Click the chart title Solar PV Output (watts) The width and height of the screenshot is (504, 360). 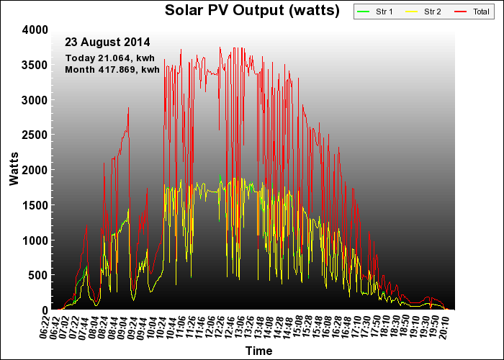tap(252, 10)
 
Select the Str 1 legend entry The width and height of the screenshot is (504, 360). tap(375, 12)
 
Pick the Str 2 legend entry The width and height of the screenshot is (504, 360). tap(423, 12)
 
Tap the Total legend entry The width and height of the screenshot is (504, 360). tap(472, 12)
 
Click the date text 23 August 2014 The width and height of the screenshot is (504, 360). tap(107, 42)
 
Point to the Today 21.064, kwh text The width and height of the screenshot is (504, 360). tap(110, 58)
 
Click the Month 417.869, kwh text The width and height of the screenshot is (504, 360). tap(112, 69)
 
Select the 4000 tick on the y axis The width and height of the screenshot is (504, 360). tap(35, 30)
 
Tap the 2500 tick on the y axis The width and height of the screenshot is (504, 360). tap(35, 135)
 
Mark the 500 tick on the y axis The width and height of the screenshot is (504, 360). tap(38, 275)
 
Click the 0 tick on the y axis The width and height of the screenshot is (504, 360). tap(45, 310)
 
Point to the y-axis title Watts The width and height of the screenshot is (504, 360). tap(14, 169)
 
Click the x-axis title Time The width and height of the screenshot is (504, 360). tap(258, 351)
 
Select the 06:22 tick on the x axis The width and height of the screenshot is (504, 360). tap(45, 327)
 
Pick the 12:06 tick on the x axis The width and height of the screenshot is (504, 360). tap(210, 327)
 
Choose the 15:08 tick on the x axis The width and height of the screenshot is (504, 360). tap(297, 327)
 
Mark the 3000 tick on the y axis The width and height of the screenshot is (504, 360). tap(35, 100)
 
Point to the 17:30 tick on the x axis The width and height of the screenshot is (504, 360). tap(366, 327)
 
